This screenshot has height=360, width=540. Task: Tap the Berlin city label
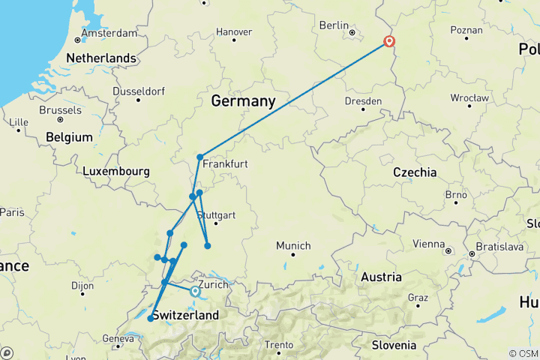click(x=334, y=25)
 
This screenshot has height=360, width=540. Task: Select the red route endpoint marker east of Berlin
click(x=389, y=42)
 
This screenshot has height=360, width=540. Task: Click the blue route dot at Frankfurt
click(x=200, y=157)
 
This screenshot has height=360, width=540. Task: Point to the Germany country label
click(x=243, y=101)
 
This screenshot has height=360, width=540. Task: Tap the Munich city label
click(x=292, y=245)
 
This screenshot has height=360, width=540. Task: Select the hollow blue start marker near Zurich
click(x=195, y=291)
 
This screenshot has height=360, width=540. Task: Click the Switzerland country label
click(x=185, y=315)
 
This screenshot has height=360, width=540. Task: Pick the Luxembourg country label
click(x=116, y=171)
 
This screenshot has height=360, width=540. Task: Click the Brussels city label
click(x=60, y=109)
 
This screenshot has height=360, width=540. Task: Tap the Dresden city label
click(x=363, y=100)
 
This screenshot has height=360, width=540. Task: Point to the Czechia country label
click(x=415, y=172)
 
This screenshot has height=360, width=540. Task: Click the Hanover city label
click(x=233, y=32)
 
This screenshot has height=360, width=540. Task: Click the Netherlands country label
click(x=101, y=58)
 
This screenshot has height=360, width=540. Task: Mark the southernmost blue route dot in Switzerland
click(x=150, y=319)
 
